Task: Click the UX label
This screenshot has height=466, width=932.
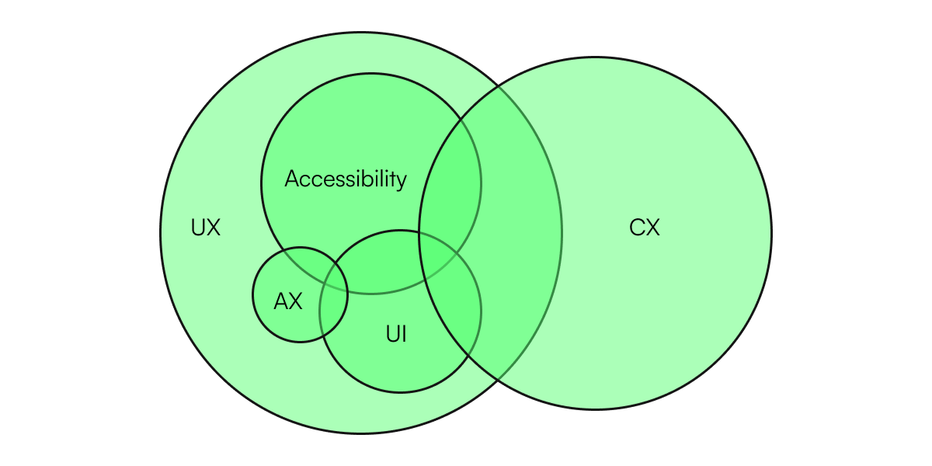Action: point(206,228)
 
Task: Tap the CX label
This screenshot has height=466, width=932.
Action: point(645,228)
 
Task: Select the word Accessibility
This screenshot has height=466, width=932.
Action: point(346,179)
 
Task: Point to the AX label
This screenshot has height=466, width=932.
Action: point(288,301)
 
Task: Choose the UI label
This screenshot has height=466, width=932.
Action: point(396,335)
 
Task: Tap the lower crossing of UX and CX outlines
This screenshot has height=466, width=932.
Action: point(497,380)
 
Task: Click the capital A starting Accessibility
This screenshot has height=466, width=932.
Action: point(292,179)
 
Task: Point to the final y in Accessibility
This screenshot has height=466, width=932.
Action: point(401,182)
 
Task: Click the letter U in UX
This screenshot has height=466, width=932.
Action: point(198,228)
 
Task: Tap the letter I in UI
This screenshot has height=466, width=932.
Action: point(404,335)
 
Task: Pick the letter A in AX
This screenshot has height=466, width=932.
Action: point(281,301)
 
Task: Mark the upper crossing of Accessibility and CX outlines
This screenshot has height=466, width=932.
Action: point(459,119)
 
